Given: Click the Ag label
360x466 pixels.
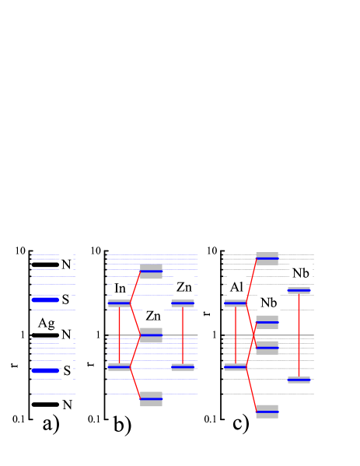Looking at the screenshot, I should click(x=45, y=322).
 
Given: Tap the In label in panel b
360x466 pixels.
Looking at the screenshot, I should click(x=120, y=288).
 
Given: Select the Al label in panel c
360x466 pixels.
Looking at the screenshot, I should click(x=237, y=286).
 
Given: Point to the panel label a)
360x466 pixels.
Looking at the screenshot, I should click(x=51, y=424).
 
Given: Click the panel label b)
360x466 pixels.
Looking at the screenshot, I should click(x=122, y=425).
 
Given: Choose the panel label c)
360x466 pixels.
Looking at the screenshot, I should click(x=241, y=422).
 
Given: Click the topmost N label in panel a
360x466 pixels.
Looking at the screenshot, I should click(x=67, y=265).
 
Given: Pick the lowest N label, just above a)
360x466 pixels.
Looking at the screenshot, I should click(x=67, y=404).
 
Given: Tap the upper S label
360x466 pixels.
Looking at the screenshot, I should click(x=67, y=300).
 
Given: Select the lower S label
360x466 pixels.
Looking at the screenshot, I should click(x=67, y=371).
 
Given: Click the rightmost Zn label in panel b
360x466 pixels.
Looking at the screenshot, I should click(x=184, y=286).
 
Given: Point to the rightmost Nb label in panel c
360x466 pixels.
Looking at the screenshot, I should click(x=301, y=272).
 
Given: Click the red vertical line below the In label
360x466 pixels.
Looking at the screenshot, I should click(x=119, y=335).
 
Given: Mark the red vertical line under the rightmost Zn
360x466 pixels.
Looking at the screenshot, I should click(x=183, y=335).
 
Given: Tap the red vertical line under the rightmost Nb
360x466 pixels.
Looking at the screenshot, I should click(x=299, y=335).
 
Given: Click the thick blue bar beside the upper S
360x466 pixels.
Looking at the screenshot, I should click(x=45, y=300).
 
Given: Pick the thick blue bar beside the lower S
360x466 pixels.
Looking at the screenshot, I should click(x=45, y=371).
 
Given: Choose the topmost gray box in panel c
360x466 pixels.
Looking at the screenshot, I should click(x=267, y=258).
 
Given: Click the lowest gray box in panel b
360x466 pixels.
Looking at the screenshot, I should click(x=151, y=399).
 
